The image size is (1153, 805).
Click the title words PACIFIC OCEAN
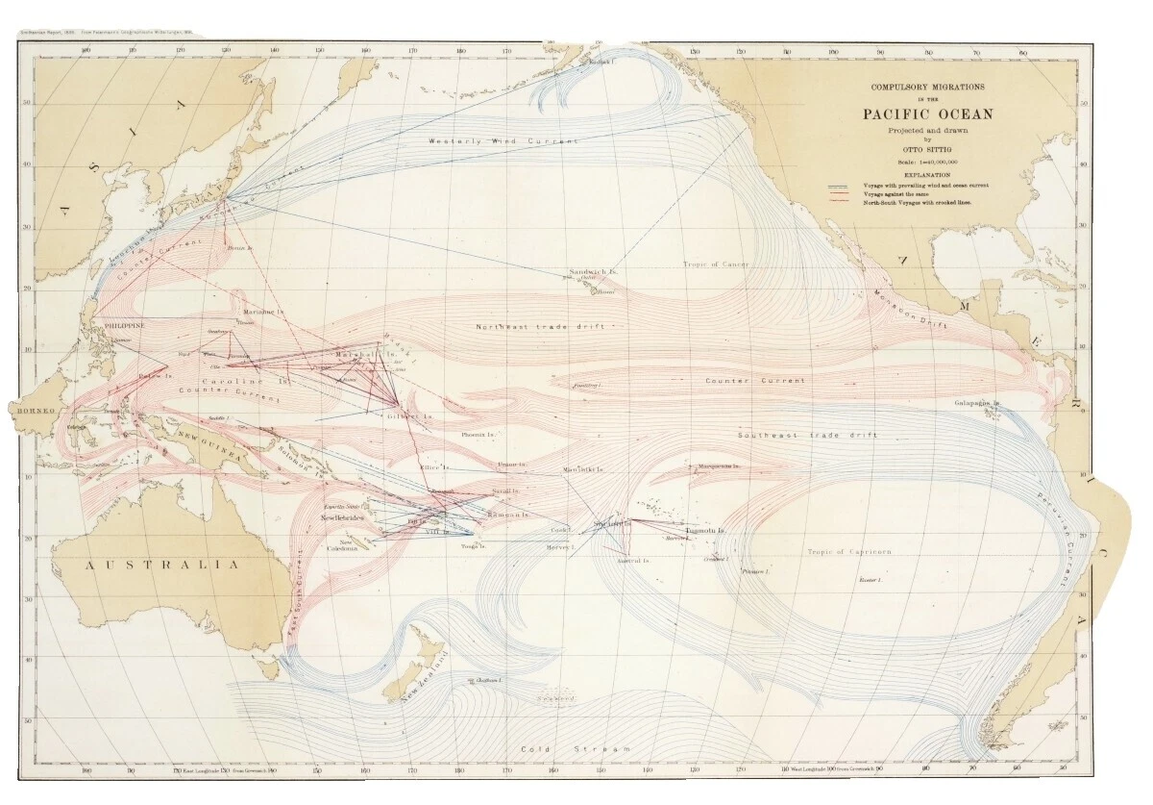(927, 113)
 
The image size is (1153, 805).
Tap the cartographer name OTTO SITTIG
(927, 149)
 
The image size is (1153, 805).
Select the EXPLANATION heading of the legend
(926, 175)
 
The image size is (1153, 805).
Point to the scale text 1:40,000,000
(927, 163)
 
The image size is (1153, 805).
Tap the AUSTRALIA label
(162, 566)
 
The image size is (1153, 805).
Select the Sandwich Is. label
(593, 272)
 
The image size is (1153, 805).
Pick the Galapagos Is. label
(978, 403)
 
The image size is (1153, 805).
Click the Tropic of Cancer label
(716, 264)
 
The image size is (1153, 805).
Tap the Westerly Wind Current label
(503, 141)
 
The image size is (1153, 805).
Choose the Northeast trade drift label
(540, 327)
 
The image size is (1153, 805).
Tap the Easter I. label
(870, 581)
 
